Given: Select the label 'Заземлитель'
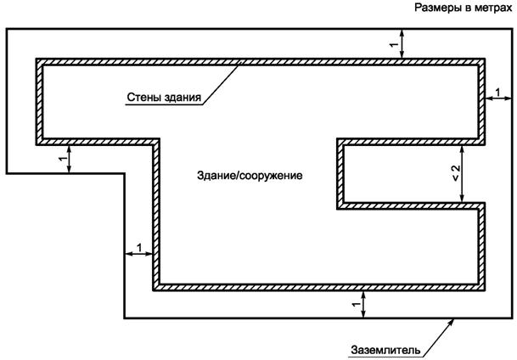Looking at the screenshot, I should point(382,349).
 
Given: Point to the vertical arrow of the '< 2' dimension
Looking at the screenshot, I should point(464,172).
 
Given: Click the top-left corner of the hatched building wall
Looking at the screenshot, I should point(38,61).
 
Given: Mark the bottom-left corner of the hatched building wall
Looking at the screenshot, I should point(155,287).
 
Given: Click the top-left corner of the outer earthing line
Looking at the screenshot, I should point(8,29).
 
